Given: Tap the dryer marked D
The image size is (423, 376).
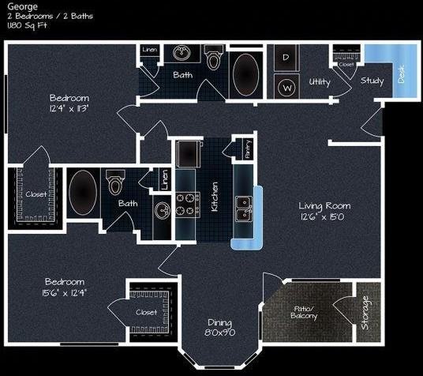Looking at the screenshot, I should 286,58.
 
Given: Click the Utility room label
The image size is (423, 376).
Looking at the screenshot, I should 320,81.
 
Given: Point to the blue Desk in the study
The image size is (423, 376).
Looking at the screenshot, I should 400,72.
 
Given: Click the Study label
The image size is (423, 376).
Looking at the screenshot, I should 372,81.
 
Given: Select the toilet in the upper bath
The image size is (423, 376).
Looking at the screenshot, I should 213,59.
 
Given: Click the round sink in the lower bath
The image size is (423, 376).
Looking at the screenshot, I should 163,210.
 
